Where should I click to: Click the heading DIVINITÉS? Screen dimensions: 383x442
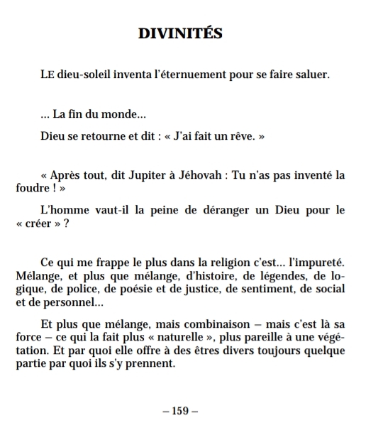coord(179,33)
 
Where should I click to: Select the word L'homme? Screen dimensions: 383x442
coord(61,210)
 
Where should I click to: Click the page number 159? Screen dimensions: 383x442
coord(179,411)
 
